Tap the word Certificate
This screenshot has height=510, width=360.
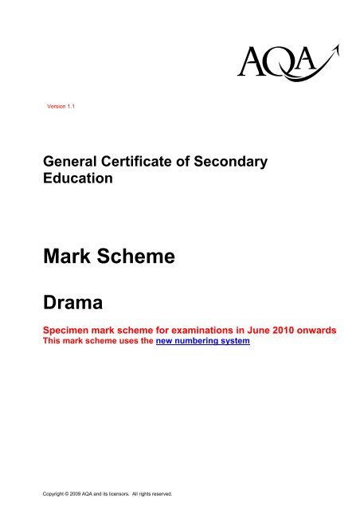point(139,162)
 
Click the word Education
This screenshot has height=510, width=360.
point(79,178)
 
